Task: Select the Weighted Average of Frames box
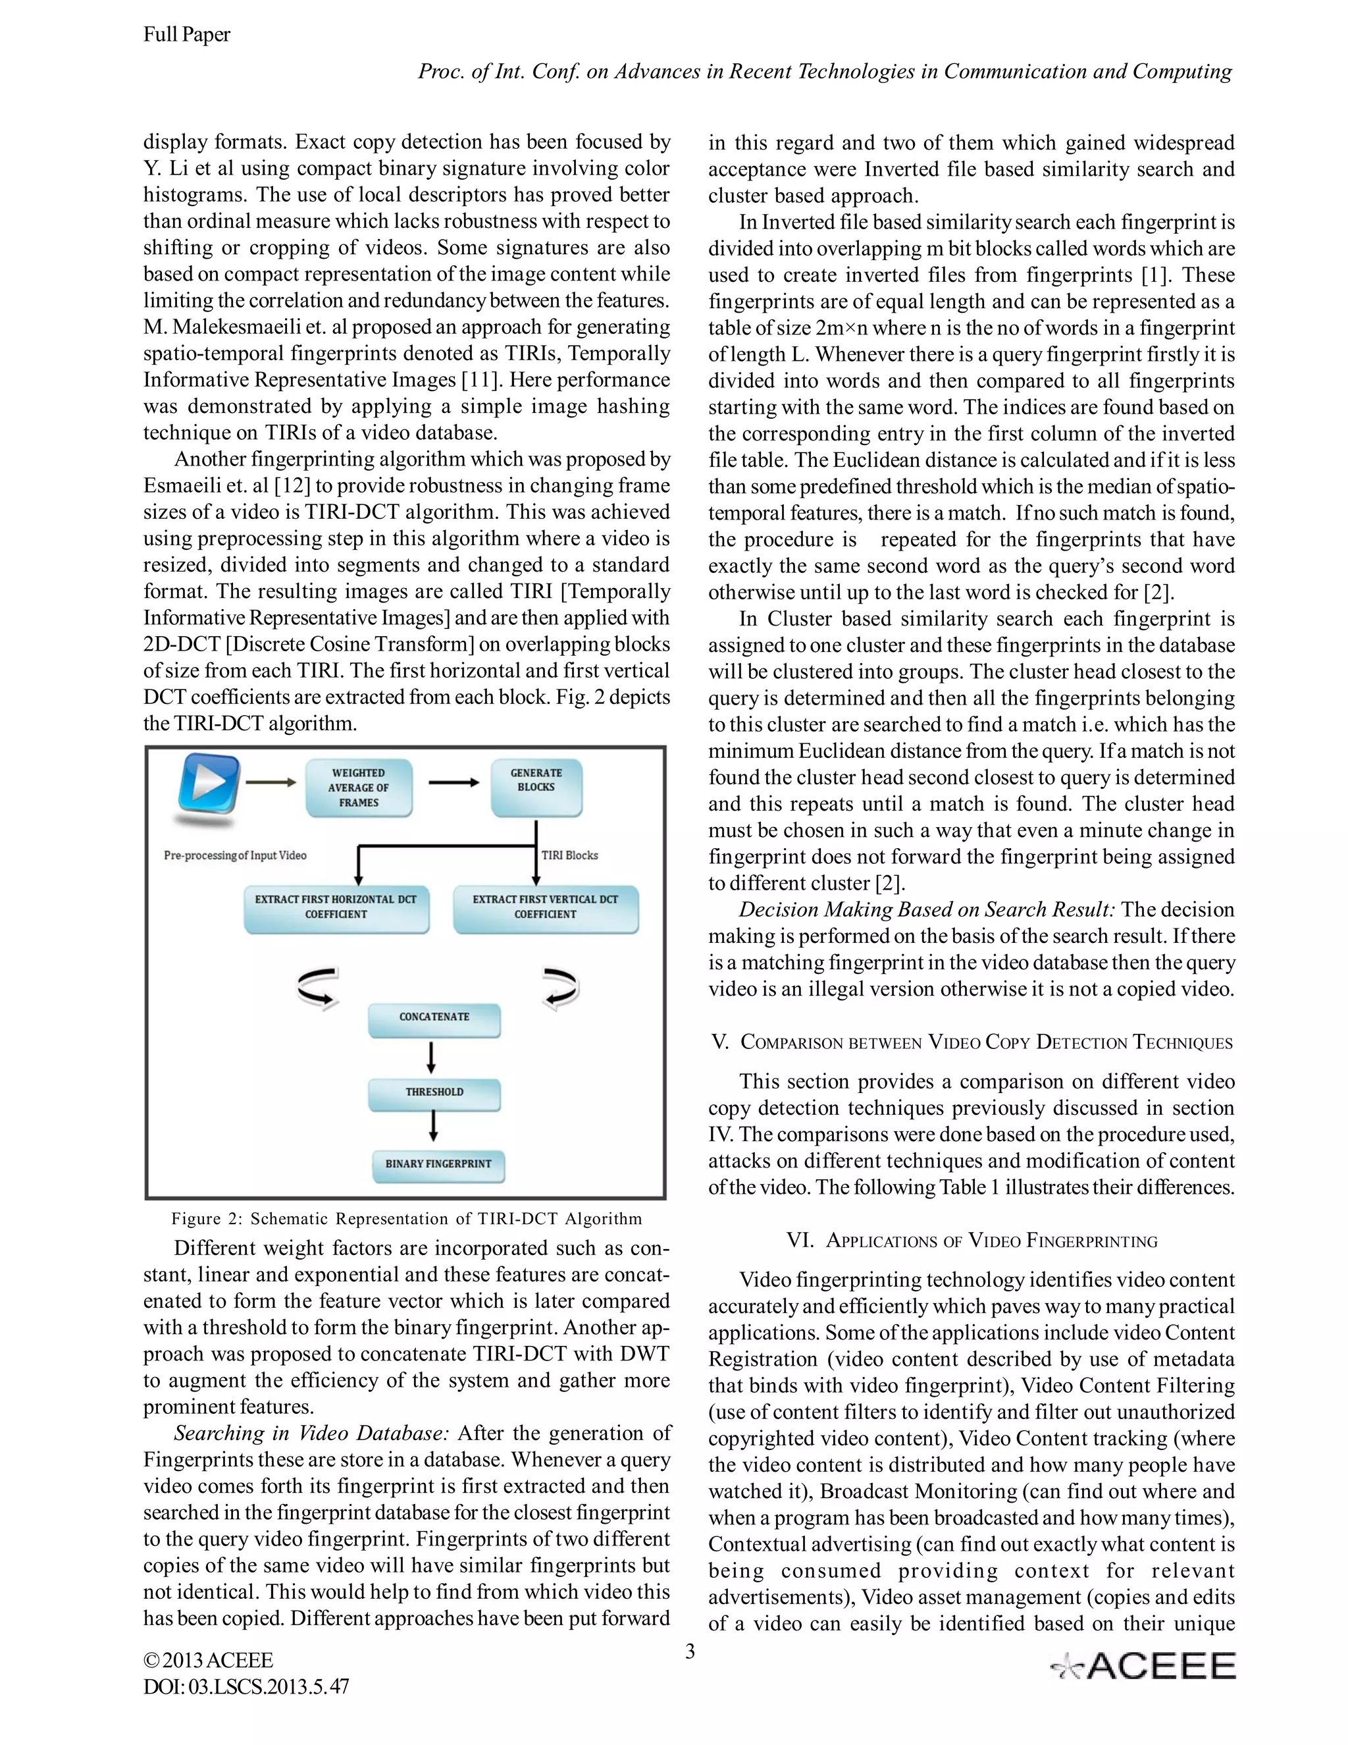(x=359, y=788)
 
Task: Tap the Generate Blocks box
(x=536, y=787)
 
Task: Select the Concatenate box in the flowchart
(x=434, y=1019)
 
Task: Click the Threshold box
(x=434, y=1093)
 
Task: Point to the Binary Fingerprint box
(x=438, y=1165)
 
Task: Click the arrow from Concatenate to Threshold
(x=432, y=1057)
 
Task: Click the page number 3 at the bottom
(x=690, y=1651)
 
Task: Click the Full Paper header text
(x=187, y=34)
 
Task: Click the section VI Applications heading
(x=972, y=1241)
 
